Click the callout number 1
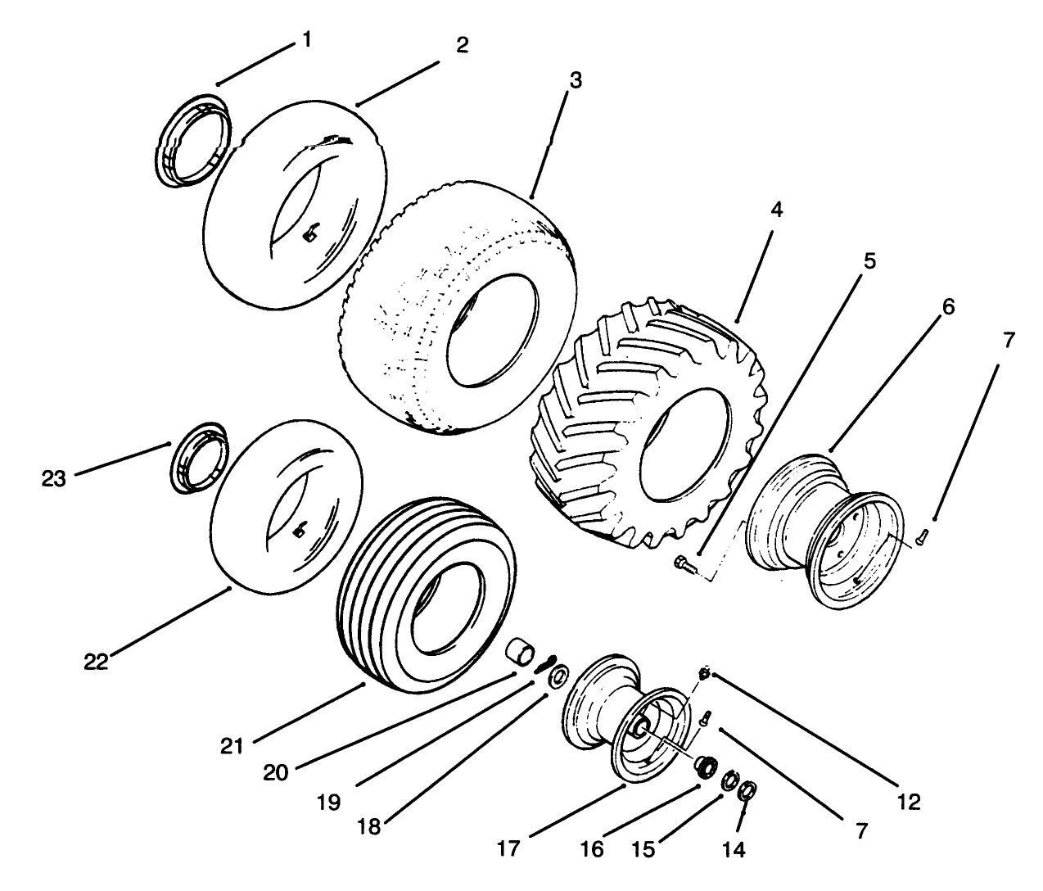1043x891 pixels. [307, 39]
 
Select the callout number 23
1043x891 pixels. [54, 479]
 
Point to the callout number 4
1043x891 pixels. [776, 210]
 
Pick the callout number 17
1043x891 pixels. [508, 848]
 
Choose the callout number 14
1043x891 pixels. [734, 850]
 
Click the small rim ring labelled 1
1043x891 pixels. [193, 140]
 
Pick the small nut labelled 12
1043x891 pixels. [703, 673]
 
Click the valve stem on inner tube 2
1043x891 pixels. [309, 235]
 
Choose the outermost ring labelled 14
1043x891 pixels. [747, 792]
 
